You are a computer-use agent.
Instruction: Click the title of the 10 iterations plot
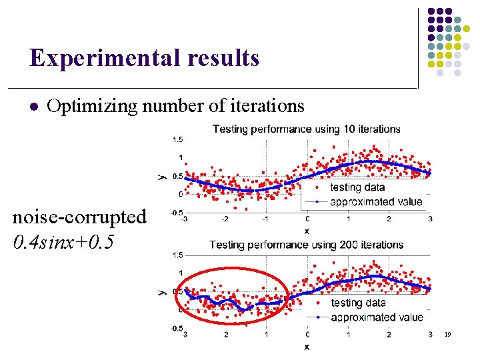306,129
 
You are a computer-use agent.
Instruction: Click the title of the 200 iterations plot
306,245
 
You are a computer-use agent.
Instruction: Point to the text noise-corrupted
79,217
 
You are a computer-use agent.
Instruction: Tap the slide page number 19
447,334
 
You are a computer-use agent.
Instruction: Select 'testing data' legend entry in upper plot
354,187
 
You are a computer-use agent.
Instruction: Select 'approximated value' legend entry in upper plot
376,201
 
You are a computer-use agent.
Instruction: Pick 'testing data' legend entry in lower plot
355,303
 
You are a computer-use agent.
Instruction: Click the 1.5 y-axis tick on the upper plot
178,139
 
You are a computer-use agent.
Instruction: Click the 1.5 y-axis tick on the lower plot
178,255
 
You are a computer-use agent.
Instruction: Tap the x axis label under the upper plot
307,231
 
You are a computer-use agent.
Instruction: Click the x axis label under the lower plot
307,347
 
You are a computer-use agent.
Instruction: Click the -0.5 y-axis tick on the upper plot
177,213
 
